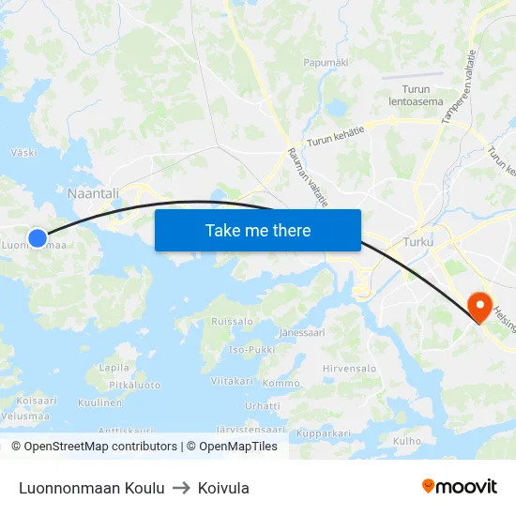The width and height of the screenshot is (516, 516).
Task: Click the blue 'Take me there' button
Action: (x=258, y=230)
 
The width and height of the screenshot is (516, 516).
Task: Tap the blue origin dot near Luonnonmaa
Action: (x=38, y=238)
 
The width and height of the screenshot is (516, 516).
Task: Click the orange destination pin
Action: (x=479, y=306)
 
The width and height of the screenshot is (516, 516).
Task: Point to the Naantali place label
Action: (x=93, y=192)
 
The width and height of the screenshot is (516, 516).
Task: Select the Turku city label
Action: (x=417, y=242)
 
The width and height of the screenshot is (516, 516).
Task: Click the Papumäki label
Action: (x=326, y=63)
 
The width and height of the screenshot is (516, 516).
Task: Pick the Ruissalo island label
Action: (x=233, y=321)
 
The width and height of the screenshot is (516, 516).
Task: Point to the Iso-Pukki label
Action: (x=251, y=349)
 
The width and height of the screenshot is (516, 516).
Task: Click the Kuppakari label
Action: (x=323, y=433)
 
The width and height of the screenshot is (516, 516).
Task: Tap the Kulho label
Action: (x=407, y=440)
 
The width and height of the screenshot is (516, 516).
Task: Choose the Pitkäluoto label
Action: (x=135, y=385)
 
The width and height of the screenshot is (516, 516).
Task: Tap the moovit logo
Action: (x=460, y=486)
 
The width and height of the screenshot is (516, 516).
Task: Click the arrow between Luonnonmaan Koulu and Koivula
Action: (x=181, y=488)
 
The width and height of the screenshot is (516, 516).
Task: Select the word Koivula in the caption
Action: (x=223, y=488)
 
